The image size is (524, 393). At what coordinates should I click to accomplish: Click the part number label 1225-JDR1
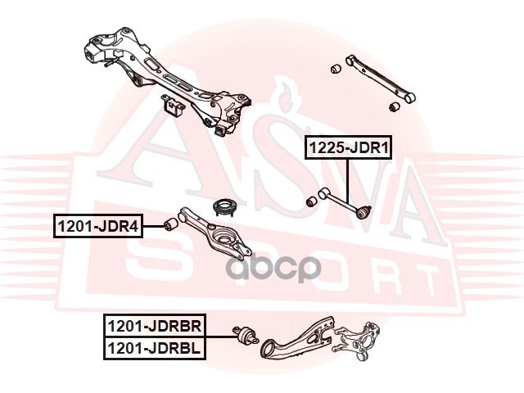(x=348, y=148)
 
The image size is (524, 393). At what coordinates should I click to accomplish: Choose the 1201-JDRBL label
(x=156, y=349)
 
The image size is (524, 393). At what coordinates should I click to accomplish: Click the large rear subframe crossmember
(x=164, y=78)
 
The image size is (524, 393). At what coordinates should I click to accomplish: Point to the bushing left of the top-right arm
(x=335, y=67)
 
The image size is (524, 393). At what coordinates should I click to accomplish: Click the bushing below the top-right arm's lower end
(x=394, y=106)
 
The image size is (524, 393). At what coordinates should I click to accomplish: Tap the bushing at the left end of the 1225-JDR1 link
(x=311, y=200)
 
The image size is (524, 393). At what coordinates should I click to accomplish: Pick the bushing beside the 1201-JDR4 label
(x=172, y=224)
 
